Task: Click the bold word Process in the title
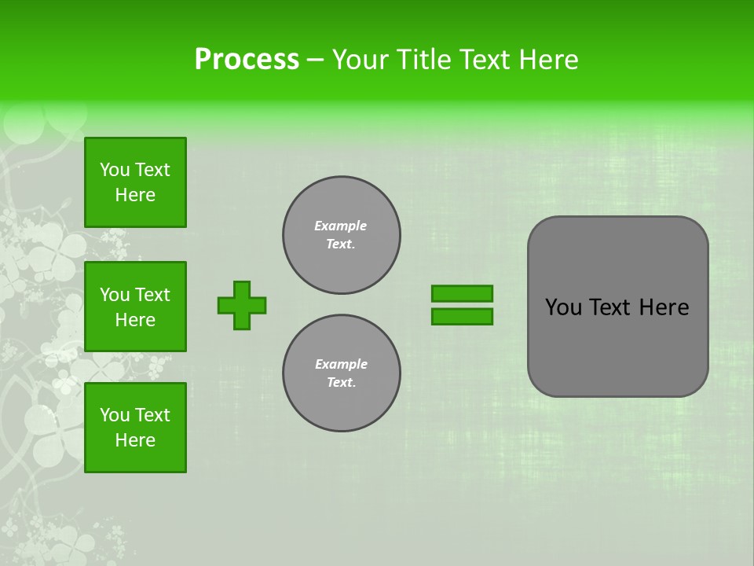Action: [247, 60]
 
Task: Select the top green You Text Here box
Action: [135, 182]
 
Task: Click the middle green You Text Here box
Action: [135, 307]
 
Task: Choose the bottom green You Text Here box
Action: [135, 428]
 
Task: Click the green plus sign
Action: [242, 305]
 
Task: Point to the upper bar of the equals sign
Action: [462, 293]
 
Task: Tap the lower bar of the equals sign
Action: [462, 316]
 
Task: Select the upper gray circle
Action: [342, 235]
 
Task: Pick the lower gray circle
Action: [342, 373]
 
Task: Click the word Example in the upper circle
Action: [341, 226]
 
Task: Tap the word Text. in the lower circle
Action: [341, 383]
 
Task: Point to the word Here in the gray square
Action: [664, 307]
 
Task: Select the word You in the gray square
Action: [562, 307]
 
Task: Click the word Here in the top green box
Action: [135, 195]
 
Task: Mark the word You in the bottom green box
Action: [115, 415]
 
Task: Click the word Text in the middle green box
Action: [152, 295]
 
